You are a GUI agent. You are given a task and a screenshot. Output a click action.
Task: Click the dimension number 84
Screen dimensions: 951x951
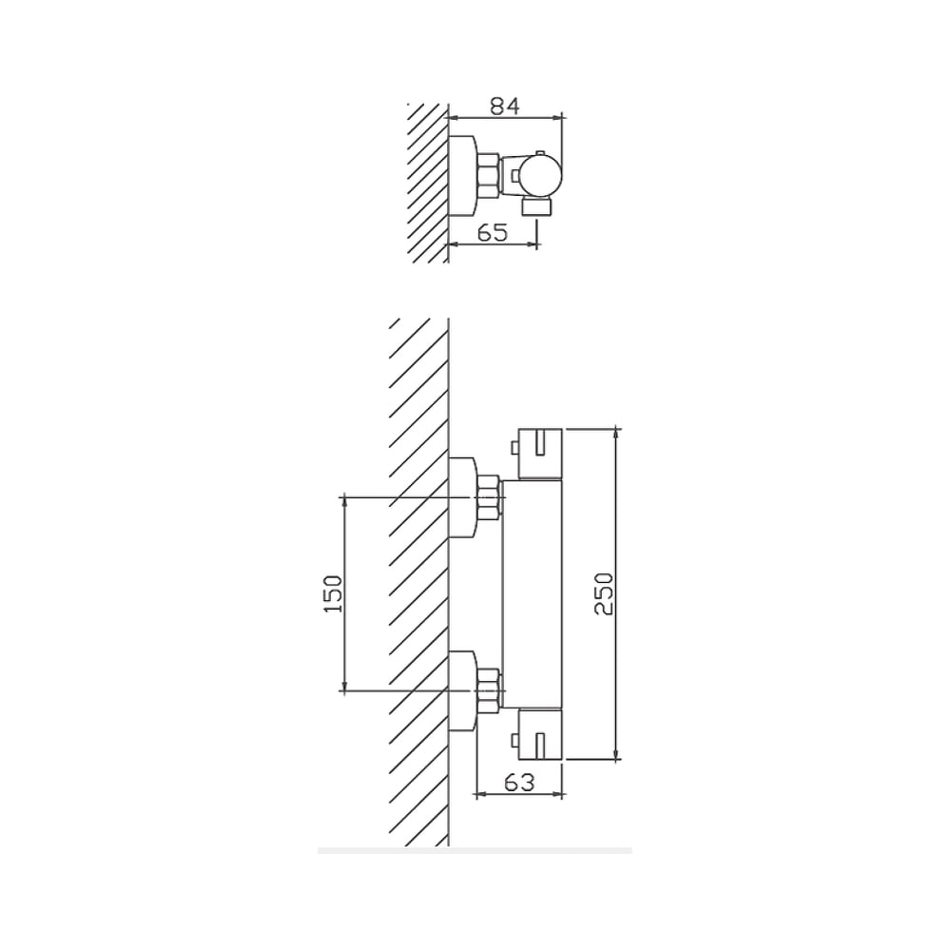pos(505,107)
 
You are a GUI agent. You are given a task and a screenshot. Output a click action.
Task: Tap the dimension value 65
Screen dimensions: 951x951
pos(493,232)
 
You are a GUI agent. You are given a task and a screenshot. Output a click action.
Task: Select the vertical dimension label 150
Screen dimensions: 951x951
pos(334,593)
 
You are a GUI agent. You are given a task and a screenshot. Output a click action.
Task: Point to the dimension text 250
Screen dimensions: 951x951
pos(604,593)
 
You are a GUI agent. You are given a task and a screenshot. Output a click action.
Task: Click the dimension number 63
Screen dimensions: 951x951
pos(520,783)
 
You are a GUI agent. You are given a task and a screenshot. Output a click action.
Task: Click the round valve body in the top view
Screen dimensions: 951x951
pos(541,175)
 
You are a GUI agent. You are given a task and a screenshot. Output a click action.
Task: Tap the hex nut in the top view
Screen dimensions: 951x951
pos(488,176)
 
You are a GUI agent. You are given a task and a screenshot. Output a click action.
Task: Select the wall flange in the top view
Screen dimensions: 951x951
pos(463,176)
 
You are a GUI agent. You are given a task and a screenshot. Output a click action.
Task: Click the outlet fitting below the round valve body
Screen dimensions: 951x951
pos(536,205)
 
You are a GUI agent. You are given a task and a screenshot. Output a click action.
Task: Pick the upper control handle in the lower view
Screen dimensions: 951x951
pos(540,454)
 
